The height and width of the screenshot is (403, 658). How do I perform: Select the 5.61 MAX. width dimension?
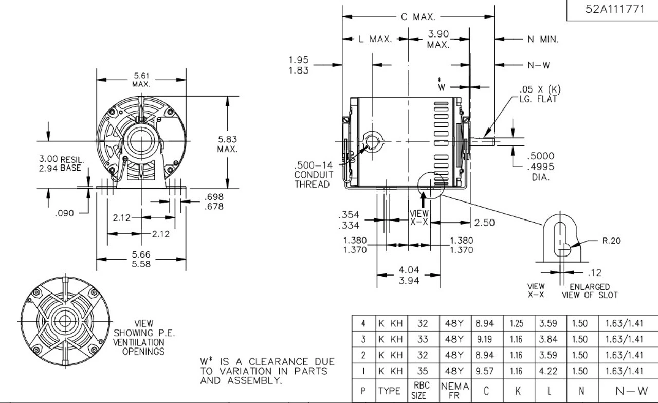[141, 80]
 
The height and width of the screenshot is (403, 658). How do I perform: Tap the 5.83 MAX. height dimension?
[227, 144]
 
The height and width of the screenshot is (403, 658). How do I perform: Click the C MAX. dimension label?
[418, 17]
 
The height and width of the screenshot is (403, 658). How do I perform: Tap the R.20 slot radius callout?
[612, 240]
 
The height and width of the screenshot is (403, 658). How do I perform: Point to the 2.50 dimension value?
[485, 223]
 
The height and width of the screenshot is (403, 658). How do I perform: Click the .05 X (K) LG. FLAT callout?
[538, 95]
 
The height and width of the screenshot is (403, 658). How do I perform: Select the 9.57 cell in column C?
[485, 371]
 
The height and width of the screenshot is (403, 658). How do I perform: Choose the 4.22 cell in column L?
[549, 371]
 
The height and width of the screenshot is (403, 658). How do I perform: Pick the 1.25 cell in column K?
[516, 324]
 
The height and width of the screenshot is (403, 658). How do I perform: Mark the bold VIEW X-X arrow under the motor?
[423, 199]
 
